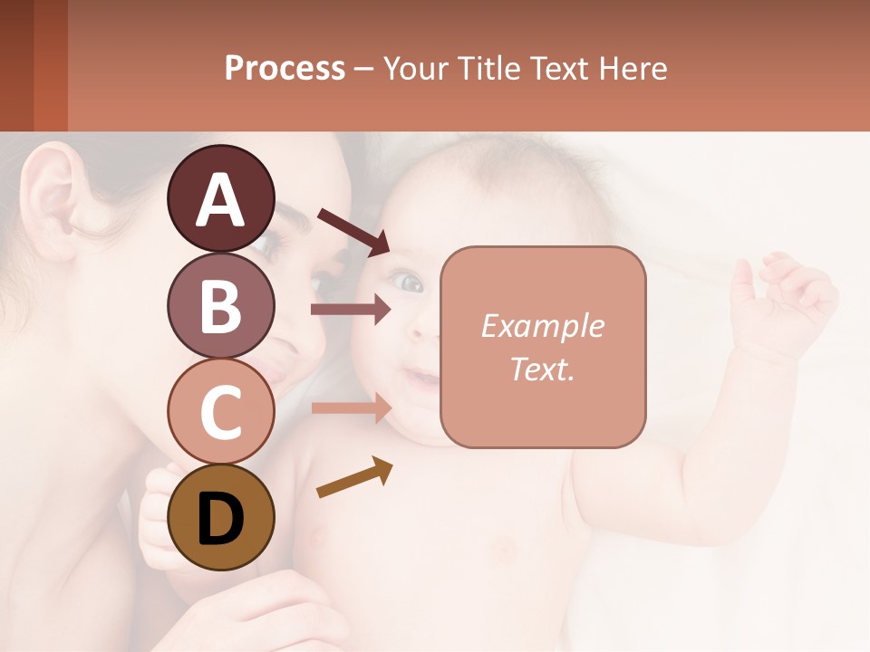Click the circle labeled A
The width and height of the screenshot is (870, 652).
coord(220,198)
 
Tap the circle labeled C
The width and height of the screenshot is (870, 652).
coord(220,411)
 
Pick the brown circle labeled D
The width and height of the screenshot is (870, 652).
coord(220,517)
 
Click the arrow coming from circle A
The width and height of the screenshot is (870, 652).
coord(353,231)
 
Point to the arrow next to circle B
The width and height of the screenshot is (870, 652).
coord(351,309)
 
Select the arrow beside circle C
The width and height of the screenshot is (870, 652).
coord(351,408)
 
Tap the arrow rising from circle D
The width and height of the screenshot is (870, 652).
coord(354,478)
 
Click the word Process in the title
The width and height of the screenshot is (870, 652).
coord(285,68)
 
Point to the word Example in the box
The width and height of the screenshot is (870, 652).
coord(542,326)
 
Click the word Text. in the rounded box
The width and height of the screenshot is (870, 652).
coord(542,369)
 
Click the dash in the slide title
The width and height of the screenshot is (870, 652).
coord(363,69)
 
